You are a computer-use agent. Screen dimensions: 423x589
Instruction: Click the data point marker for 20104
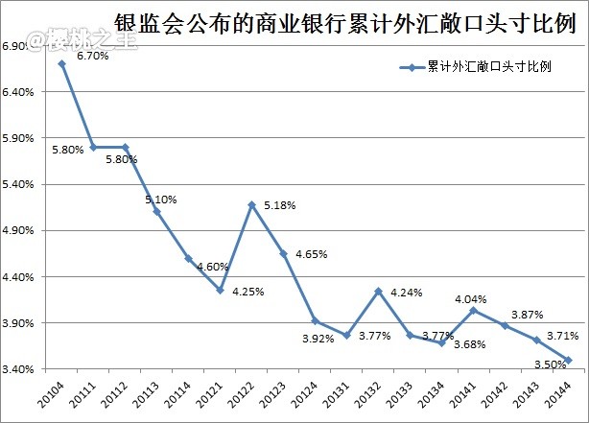coord(61,64)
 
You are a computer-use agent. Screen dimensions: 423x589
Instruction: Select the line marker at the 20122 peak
coord(251,204)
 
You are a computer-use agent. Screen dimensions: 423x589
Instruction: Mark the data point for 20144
coord(568,361)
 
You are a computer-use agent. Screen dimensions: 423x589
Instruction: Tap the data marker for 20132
coord(378,292)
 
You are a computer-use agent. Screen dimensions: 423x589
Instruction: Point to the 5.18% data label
coord(278,205)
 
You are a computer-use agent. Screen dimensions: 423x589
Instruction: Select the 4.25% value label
coord(247,292)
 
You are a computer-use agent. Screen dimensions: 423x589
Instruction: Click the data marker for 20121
coord(220,291)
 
